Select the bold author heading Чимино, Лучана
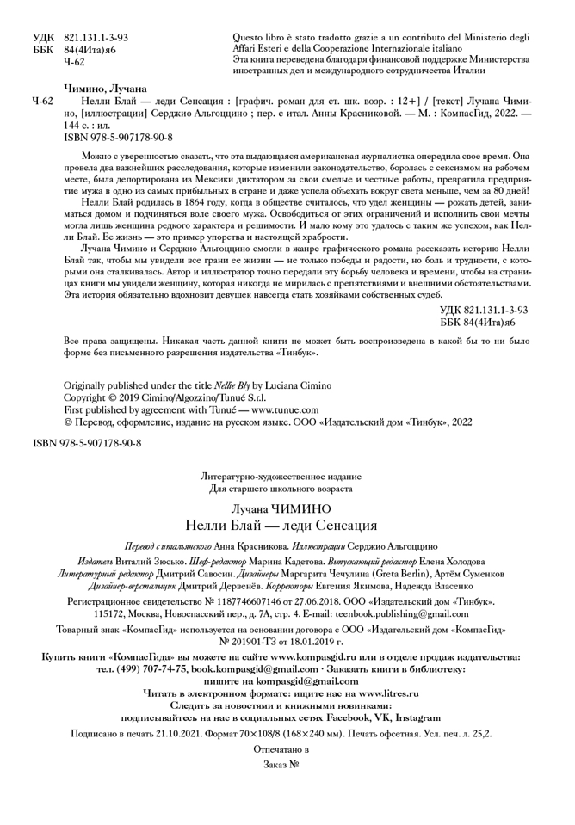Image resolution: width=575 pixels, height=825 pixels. [x=105, y=88]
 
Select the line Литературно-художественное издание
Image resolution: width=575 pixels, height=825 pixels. [x=281, y=476]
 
